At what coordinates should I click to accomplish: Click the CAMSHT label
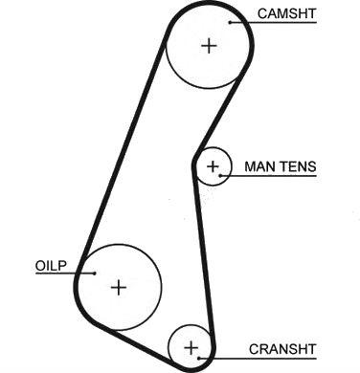(287, 13)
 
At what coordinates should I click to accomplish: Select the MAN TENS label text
(281, 166)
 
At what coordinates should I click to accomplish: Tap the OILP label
(51, 266)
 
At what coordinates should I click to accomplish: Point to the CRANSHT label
(282, 349)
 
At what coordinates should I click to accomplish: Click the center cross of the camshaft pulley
(210, 46)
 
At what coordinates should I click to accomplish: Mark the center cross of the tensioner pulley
(213, 166)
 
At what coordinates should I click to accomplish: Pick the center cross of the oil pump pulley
(119, 288)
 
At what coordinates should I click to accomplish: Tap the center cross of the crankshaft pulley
(191, 348)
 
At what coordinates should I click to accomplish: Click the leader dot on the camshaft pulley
(230, 22)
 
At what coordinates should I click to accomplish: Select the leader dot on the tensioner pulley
(220, 175)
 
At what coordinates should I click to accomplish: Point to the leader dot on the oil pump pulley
(95, 274)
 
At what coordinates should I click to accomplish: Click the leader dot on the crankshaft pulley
(198, 359)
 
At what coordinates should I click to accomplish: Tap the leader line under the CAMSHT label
(273, 22)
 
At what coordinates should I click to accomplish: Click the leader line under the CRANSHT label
(258, 359)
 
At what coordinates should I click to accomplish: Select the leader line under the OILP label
(65, 274)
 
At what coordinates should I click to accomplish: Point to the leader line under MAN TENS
(268, 175)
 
